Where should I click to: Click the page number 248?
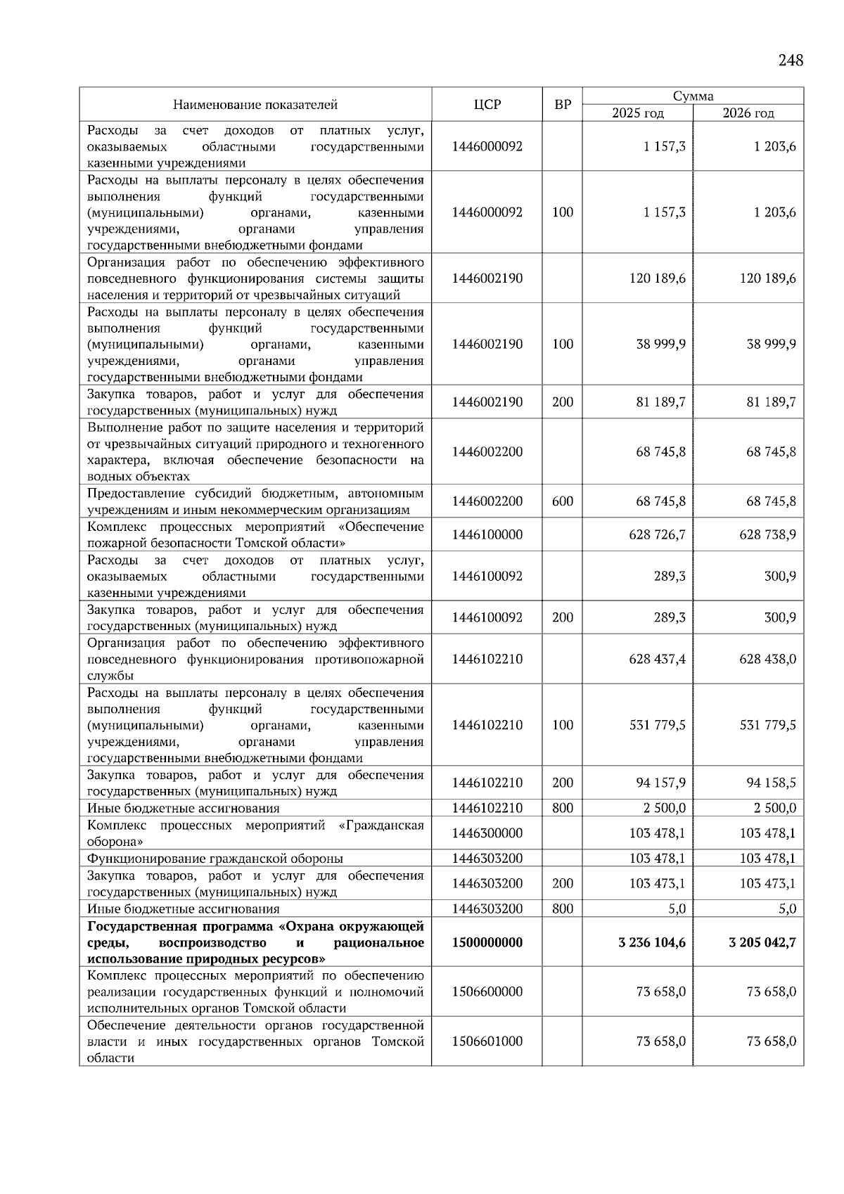(x=791, y=60)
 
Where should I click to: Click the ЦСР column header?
(x=487, y=105)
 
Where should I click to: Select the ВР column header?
(x=563, y=105)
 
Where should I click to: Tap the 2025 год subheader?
(x=637, y=113)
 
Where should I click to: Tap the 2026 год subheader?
(x=748, y=113)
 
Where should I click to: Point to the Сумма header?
(x=693, y=96)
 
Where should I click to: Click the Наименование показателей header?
(x=255, y=105)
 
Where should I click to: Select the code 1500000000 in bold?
(x=487, y=942)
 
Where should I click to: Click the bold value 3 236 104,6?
(x=652, y=942)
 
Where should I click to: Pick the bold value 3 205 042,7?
(x=762, y=942)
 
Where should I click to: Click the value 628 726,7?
(x=657, y=535)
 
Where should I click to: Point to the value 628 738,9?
(x=767, y=535)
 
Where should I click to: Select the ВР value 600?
(x=563, y=502)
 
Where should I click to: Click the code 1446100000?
(x=487, y=535)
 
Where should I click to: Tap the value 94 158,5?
(x=771, y=783)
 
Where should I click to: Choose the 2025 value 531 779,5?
(x=657, y=725)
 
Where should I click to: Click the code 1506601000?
(x=487, y=1041)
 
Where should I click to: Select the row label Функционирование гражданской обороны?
(x=215, y=859)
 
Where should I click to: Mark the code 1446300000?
(x=487, y=833)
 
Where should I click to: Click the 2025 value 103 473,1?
(x=657, y=884)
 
